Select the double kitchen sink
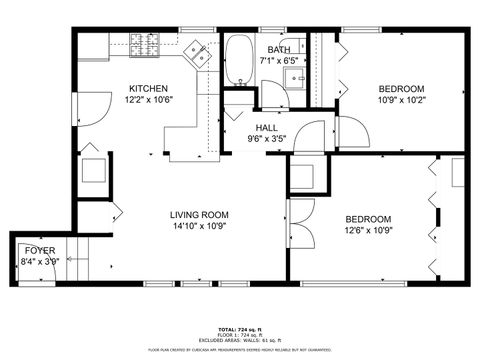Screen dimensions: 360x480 tap(202, 55)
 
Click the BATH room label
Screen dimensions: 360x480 tap(278, 49)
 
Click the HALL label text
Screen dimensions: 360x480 tap(267, 128)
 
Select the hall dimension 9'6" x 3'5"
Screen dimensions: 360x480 tap(267, 139)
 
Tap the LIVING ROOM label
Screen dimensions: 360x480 tap(199, 215)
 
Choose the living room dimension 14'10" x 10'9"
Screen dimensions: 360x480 tap(199, 226)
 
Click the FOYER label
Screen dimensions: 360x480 tap(40, 250)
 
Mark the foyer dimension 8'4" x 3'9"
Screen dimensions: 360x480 tap(40, 261)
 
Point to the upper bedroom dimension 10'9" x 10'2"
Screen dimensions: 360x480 tap(401, 99)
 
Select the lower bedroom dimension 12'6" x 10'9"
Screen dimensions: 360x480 tap(368, 231)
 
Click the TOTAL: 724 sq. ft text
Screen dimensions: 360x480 tap(240, 329)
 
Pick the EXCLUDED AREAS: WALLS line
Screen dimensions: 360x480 tap(240, 341)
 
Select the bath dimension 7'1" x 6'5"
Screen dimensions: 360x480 tap(278, 60)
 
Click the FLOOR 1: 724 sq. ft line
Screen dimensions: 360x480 tap(240, 335)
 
